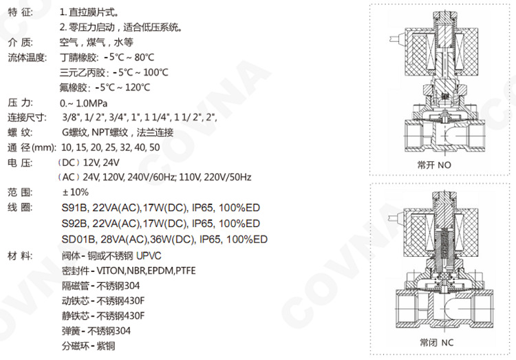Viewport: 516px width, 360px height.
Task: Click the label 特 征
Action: point(21,13)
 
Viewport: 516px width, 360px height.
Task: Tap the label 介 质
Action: point(21,43)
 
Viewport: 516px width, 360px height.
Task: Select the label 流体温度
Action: point(28,58)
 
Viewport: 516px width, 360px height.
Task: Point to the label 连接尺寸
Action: point(28,118)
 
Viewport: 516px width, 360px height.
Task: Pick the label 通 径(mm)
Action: point(31,147)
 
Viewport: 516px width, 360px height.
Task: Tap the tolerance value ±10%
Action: point(76,192)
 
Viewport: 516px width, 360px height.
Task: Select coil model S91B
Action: point(74,207)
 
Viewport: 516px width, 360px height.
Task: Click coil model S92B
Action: point(74,223)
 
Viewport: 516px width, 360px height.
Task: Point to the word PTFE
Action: point(185,271)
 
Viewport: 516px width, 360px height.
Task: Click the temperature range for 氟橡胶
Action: point(125,87)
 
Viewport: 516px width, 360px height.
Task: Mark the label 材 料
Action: point(21,255)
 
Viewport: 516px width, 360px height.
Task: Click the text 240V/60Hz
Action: point(151,177)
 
